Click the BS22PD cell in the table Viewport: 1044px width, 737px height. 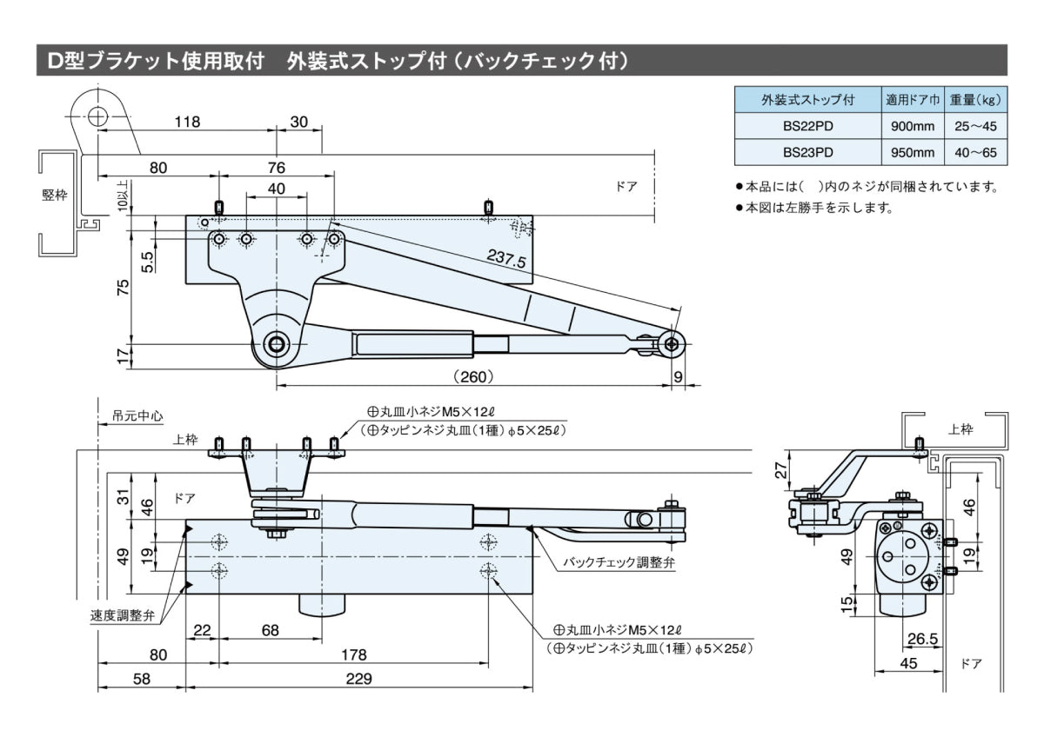(x=807, y=126)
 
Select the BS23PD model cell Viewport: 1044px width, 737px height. (x=807, y=152)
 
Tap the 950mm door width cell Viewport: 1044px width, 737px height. (x=913, y=152)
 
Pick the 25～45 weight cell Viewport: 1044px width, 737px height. (x=975, y=126)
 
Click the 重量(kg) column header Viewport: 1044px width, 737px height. (x=975, y=100)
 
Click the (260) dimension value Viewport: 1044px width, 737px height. (x=474, y=376)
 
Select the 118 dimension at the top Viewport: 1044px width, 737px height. (x=187, y=123)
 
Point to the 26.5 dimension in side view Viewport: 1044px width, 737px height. (x=922, y=639)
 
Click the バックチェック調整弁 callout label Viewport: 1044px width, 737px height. (x=619, y=562)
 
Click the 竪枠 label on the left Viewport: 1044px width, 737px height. (x=55, y=196)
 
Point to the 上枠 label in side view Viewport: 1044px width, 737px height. (x=960, y=428)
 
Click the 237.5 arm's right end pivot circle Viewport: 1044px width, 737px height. (x=672, y=344)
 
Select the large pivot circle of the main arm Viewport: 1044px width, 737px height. (x=278, y=344)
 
